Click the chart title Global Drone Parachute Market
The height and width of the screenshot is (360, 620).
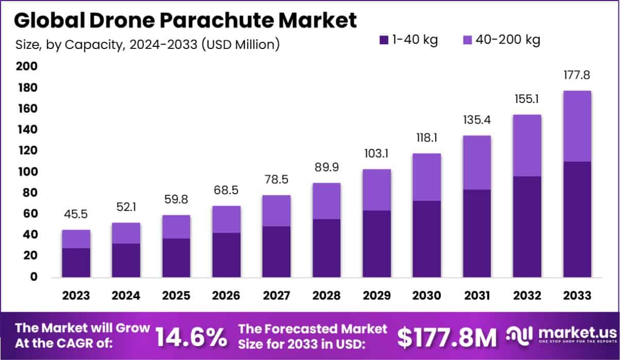point(185,21)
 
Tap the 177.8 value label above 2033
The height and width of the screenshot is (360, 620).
point(577,75)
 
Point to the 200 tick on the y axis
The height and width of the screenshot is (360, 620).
point(27,66)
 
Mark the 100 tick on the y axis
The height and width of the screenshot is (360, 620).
point(27,172)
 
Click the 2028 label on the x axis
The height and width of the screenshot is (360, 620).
point(326,296)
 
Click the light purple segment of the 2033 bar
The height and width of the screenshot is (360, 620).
point(577,126)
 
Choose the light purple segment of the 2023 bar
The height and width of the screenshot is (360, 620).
point(76,239)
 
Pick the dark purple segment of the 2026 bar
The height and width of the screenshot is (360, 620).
point(226,255)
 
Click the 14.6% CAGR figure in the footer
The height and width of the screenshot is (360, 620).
point(191,338)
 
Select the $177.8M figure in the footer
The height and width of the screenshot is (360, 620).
point(447,338)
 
